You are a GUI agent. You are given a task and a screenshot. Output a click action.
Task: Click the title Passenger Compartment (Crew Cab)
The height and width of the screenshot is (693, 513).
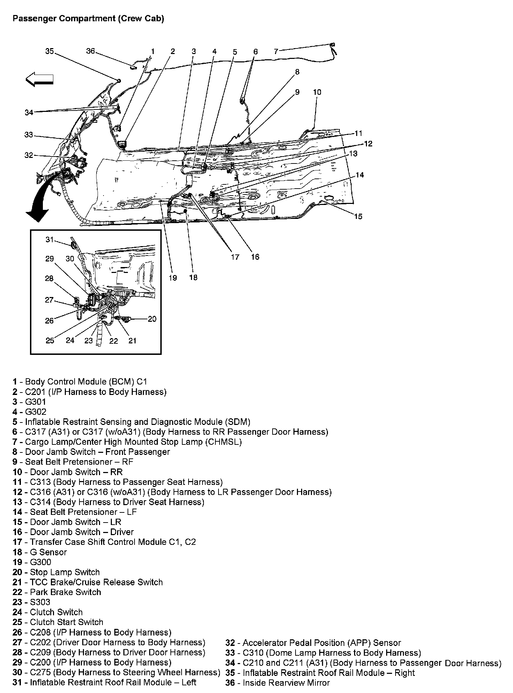tap(88, 18)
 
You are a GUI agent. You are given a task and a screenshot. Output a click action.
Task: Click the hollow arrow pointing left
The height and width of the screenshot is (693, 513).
tap(39, 79)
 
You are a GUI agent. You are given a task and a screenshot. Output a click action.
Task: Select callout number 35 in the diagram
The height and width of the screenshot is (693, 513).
tap(49, 51)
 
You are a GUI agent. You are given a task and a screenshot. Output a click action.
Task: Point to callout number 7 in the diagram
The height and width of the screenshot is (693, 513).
tap(276, 52)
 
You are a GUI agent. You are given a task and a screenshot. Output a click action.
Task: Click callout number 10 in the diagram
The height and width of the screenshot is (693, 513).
tap(317, 92)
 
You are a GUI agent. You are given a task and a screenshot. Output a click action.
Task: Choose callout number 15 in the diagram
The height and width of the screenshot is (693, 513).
tap(358, 216)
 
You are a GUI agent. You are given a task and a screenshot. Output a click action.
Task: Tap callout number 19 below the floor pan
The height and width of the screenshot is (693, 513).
tap(173, 277)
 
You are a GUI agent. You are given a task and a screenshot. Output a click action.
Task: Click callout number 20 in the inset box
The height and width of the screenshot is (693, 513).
tap(152, 319)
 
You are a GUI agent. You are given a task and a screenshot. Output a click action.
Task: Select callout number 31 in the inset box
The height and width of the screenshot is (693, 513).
tap(50, 239)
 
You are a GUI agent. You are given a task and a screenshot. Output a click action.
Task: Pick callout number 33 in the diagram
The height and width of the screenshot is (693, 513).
tap(29, 135)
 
